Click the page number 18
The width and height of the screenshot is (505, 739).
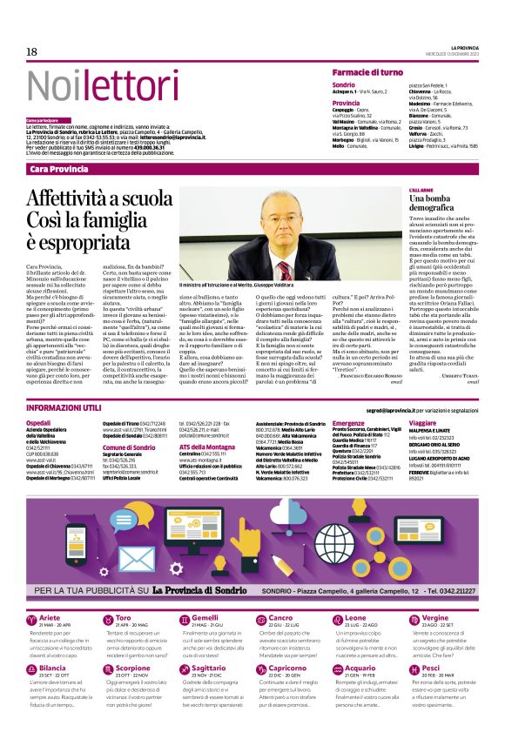[x=32, y=52]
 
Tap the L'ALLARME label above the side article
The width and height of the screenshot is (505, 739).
[x=422, y=189]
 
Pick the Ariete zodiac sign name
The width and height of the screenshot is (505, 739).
[x=52, y=594]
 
